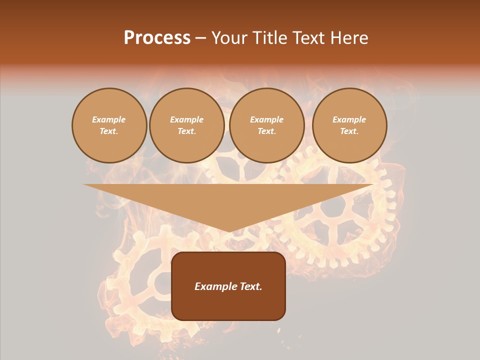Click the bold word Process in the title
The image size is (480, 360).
click(157, 38)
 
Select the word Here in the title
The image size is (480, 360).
click(348, 38)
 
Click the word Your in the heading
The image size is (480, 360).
click(228, 38)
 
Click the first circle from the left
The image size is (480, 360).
click(109, 125)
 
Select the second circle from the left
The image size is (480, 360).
click(186, 125)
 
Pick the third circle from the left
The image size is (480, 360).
click(266, 125)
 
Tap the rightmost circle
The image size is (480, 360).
click(349, 125)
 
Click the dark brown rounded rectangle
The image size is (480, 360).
click(228, 305)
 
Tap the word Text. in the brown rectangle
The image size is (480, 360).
click(249, 286)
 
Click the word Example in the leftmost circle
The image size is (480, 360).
click(109, 119)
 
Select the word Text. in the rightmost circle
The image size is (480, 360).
click(349, 131)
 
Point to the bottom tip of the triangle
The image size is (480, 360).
click(228, 231)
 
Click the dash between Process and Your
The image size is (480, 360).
click(201, 38)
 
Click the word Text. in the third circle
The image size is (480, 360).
click(266, 131)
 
